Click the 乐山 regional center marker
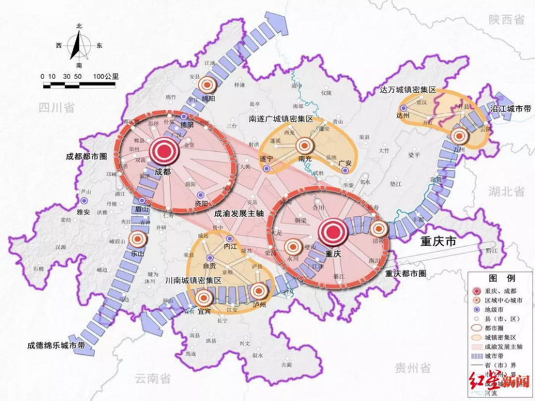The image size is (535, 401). coord(137,240)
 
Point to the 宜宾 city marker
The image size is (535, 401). coord(203,298)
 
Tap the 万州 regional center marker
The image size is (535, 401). coord(460,135)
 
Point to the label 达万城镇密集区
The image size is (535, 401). coord(408,90)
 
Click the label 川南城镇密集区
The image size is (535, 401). coord(192,280)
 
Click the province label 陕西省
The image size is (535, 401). coord(506,20)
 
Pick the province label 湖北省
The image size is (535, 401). coord(505,191)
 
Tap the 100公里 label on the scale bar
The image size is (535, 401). coord(106,77)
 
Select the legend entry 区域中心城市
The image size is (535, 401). coord(505,301)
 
